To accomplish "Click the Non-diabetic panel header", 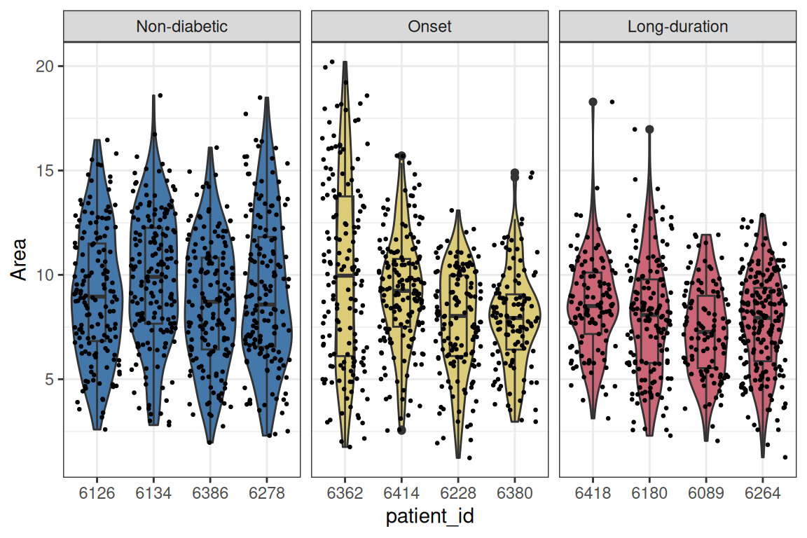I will coord(181,27).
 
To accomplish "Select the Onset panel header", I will coord(429,27).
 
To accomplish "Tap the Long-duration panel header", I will coord(677,27).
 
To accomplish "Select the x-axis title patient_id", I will coord(429,518).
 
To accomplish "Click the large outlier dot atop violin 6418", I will coord(593,102).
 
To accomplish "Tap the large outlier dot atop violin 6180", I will coord(649,129).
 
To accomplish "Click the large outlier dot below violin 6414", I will coord(401,430).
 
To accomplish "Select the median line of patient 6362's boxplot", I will coord(345,276).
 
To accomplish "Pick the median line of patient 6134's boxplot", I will coord(153,277).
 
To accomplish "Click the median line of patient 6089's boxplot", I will coord(706,332).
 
